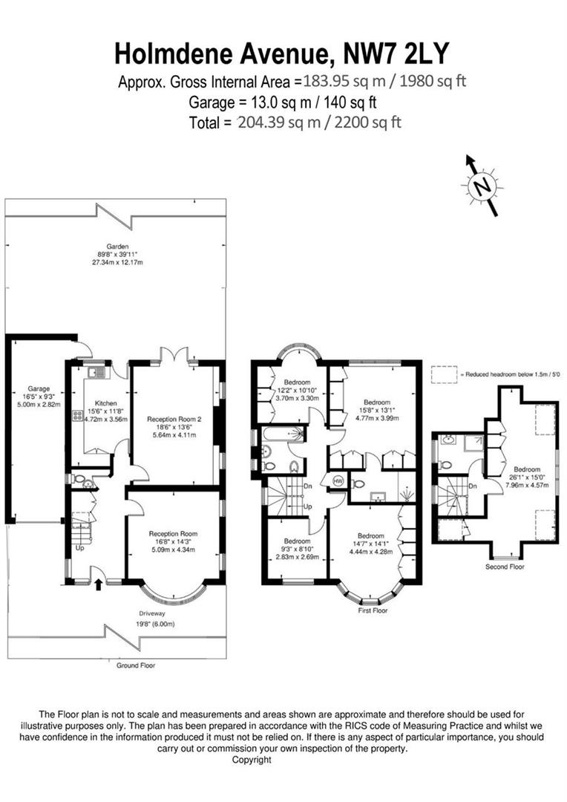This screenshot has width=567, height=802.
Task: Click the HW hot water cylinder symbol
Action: point(339,480)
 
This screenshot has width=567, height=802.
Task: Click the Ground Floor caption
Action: point(137,665)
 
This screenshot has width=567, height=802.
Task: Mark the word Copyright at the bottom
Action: point(252,760)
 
